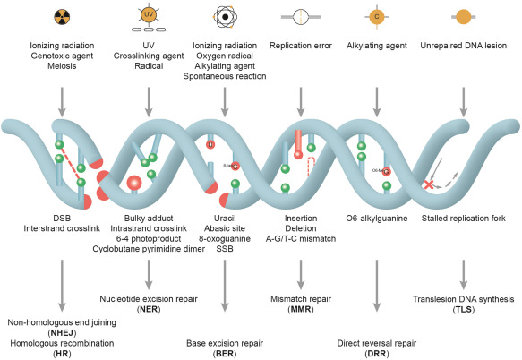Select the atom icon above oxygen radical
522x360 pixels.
pos(224,17)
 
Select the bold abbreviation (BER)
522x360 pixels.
pos(224,352)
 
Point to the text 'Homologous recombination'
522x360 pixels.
pos(61,342)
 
